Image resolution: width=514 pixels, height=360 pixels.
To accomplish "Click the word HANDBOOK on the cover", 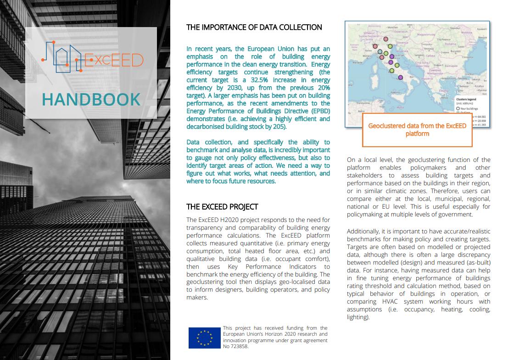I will coord(91,99).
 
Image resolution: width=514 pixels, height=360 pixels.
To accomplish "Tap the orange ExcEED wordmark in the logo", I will coord(113,60).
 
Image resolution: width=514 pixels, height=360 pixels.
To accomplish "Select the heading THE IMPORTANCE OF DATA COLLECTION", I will coord(254,28).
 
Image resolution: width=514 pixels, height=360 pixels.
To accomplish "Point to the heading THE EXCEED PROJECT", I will coord(222,207).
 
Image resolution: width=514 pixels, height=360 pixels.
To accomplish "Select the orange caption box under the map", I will coord(417,130).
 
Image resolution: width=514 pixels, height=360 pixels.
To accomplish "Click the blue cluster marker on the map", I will coord(380,52).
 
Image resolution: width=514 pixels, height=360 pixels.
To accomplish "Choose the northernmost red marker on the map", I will coord(385,40).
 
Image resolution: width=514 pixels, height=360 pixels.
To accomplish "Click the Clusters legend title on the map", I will coord(465,99).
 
